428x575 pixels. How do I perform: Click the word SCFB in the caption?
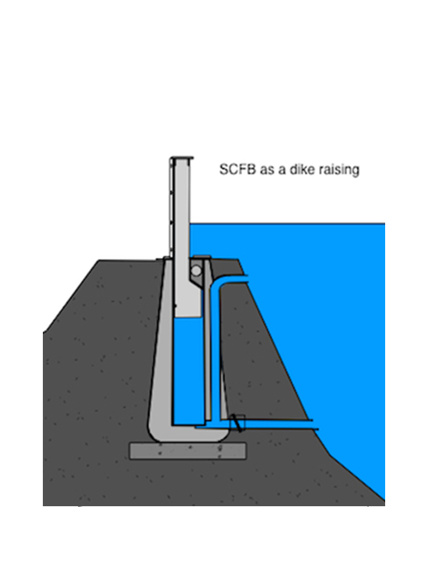point(237,170)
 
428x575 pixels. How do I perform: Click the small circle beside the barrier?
point(197,271)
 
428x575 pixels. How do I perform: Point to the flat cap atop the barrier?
point(182,158)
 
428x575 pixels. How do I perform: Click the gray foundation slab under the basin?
point(187,451)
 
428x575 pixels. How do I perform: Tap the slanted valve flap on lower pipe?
point(237,423)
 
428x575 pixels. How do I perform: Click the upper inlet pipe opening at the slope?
point(245,278)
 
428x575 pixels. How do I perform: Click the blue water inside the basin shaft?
point(188,370)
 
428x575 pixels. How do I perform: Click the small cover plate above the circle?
point(202,256)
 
